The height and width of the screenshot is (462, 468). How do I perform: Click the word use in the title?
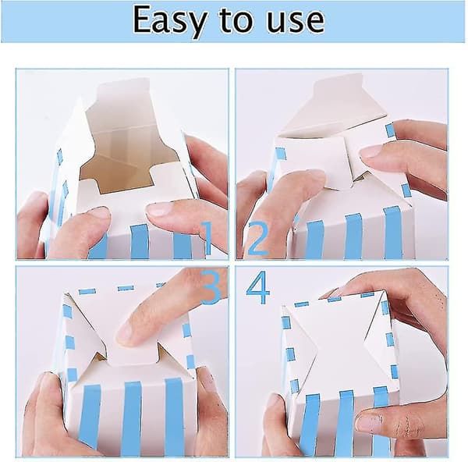[x=295, y=21]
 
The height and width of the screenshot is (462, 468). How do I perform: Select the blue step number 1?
[x=207, y=238]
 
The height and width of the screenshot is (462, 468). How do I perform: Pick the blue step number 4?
[x=258, y=287]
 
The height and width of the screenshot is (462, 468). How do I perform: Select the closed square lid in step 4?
[x=340, y=343]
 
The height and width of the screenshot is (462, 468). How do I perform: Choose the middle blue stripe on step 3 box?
[x=133, y=418]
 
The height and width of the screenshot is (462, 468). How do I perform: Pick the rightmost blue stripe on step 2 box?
[x=393, y=233]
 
